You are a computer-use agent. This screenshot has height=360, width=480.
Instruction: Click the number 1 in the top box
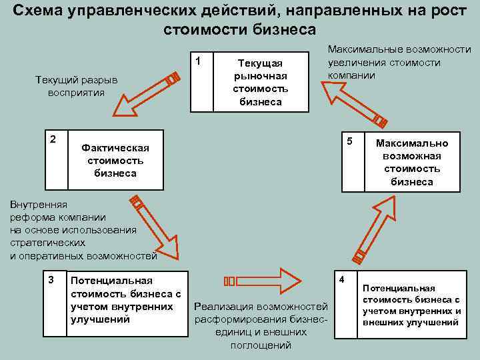[198, 62]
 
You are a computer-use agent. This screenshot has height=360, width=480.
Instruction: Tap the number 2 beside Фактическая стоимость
[53, 139]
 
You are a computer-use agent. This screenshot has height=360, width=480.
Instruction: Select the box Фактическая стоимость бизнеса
[115, 160]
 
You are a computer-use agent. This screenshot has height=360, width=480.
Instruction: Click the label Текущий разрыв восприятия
[76, 86]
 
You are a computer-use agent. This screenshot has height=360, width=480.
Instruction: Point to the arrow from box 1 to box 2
[144, 95]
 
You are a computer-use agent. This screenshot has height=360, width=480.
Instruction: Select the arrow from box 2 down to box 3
[156, 227]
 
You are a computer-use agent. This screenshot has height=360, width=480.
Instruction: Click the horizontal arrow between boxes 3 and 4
[263, 280]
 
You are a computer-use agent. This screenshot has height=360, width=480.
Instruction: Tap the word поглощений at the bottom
[261, 345]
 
